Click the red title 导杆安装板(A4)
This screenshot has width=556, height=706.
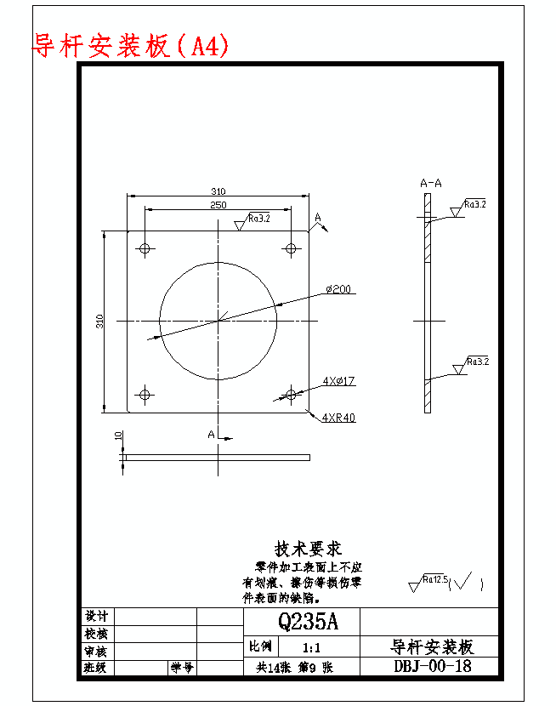(x=130, y=45)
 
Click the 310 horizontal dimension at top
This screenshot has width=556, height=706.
(x=218, y=191)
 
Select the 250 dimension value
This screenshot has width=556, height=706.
(x=218, y=205)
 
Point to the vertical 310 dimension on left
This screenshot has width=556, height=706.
(x=100, y=321)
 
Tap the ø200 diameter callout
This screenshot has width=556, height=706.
(x=338, y=289)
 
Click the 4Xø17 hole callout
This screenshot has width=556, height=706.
(x=338, y=381)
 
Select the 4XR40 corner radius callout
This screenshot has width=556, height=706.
(x=338, y=417)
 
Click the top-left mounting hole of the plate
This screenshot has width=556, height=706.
(x=145, y=248)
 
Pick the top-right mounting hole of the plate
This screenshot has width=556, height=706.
(x=291, y=248)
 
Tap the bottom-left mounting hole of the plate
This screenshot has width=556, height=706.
(x=145, y=394)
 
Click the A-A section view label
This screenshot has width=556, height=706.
(x=431, y=183)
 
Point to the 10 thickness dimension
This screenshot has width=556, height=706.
(x=118, y=435)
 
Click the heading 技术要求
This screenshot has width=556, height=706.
(x=308, y=549)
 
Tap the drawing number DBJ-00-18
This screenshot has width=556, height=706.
(x=432, y=666)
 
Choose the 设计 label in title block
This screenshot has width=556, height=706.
(x=96, y=616)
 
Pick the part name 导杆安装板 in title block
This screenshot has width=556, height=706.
(x=432, y=646)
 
